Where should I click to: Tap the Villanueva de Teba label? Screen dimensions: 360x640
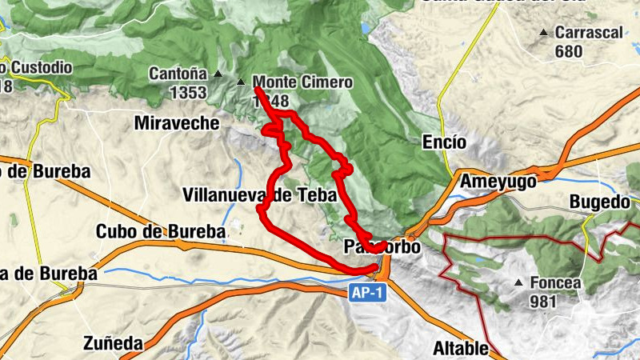(x=260, y=194)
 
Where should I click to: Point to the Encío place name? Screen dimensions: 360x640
(x=443, y=142)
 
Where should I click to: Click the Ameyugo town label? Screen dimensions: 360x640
(x=498, y=182)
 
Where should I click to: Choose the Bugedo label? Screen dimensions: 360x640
(x=600, y=202)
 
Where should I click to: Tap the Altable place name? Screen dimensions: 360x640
(x=460, y=348)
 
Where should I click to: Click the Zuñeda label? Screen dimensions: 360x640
(x=113, y=344)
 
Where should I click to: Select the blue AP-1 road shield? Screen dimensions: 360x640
(x=368, y=294)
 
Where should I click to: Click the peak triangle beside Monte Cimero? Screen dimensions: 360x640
(x=242, y=81)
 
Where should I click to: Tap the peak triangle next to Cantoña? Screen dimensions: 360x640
(x=218, y=74)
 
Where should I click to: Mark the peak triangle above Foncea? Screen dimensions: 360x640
(x=520, y=282)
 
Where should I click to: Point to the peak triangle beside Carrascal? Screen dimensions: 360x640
(x=544, y=33)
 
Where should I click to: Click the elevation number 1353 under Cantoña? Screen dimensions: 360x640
(x=188, y=92)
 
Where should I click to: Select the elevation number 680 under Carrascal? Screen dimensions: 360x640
(x=569, y=51)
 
